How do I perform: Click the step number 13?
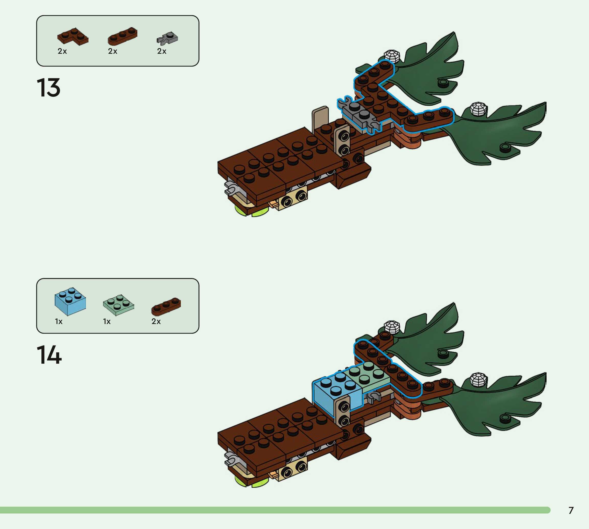pyautogui.click(x=49, y=88)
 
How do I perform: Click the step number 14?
pyautogui.click(x=49, y=355)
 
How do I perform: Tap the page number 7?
pyautogui.click(x=571, y=510)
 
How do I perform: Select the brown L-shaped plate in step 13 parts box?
pyautogui.click(x=73, y=37)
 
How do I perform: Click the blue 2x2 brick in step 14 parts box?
pyautogui.click(x=70, y=301)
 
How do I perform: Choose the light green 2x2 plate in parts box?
pyautogui.click(x=118, y=305)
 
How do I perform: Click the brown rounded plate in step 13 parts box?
pyautogui.click(x=123, y=36)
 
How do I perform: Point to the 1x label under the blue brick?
pyautogui.click(x=59, y=321)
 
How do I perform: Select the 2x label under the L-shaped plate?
pyautogui.click(x=62, y=51)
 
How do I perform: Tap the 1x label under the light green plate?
pyautogui.click(x=107, y=321)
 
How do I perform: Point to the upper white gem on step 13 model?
pyautogui.click(x=392, y=56)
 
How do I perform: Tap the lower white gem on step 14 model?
pyautogui.click(x=478, y=379)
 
